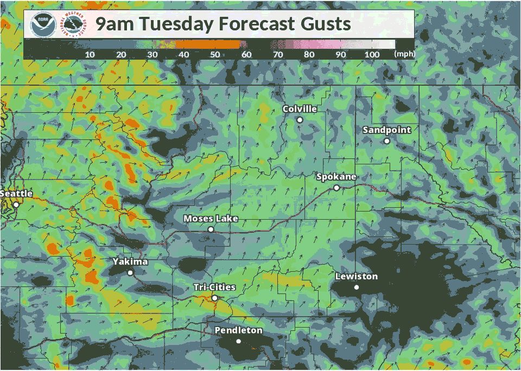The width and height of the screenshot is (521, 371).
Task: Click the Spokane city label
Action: click(336, 177)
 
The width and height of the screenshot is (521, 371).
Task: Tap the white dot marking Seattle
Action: click(16, 204)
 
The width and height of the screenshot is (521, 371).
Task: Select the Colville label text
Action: click(300, 109)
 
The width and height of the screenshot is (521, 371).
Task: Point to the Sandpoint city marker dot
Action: click(387, 141)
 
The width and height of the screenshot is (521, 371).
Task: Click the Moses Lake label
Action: click(211, 219)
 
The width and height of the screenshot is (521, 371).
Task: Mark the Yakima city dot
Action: click(130, 273)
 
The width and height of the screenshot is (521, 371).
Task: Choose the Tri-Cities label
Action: click(215, 287)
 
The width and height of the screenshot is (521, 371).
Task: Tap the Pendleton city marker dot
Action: click(238, 341)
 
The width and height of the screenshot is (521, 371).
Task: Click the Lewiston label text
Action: click(356, 277)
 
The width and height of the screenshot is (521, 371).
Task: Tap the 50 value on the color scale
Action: click(215, 55)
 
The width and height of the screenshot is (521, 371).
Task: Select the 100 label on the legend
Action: click(372, 55)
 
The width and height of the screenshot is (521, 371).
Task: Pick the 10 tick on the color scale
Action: click(90, 55)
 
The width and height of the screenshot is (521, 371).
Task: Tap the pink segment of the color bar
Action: click(320, 44)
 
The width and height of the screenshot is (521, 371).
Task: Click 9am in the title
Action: click(114, 24)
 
